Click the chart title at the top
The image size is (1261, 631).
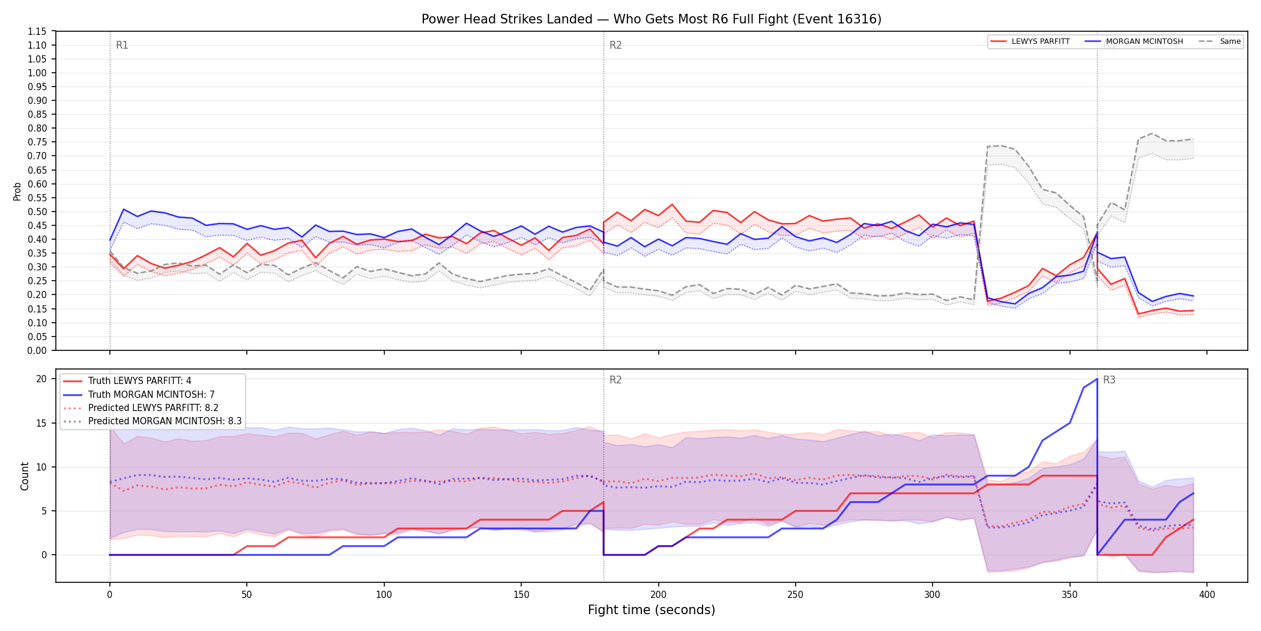point(652,19)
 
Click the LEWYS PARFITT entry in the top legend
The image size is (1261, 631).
point(1030,41)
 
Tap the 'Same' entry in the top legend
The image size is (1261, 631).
point(1220,41)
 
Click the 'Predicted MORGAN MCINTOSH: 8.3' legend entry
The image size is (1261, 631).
point(153,421)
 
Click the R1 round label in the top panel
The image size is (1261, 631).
point(122,45)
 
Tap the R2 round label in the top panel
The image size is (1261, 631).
point(615,45)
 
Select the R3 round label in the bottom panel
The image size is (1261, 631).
point(1109,380)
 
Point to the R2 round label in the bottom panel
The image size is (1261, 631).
point(615,380)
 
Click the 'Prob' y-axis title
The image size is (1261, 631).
point(17,191)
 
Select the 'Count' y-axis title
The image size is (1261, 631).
point(25,476)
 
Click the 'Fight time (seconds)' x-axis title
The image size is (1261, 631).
point(652,610)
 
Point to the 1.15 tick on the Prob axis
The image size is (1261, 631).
point(37,31)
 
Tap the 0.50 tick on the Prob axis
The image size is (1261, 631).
point(37,212)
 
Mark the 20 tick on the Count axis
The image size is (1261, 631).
point(41,379)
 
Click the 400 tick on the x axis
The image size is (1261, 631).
point(1207,595)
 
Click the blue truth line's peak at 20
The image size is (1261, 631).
point(1097,379)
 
